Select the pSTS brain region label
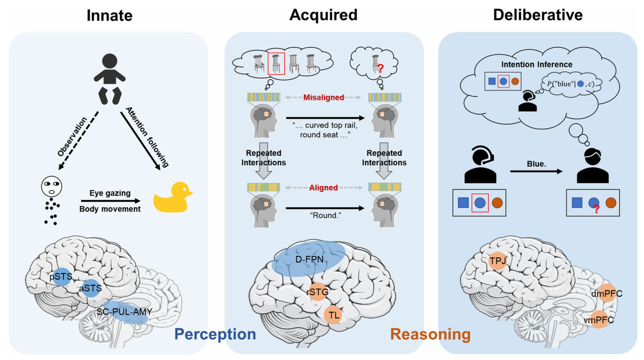point(60,277)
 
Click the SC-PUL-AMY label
point(124,312)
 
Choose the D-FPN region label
point(310,260)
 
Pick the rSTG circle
point(318,292)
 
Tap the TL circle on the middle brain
point(333,315)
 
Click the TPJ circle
point(498,261)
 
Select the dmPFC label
point(607,293)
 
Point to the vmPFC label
point(599,320)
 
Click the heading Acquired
point(323,15)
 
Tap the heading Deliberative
point(537,15)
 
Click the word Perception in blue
point(215,334)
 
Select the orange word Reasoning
point(430,334)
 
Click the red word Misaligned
point(324,97)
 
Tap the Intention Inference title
point(536,64)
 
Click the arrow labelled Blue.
point(536,171)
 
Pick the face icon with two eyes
point(51,187)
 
